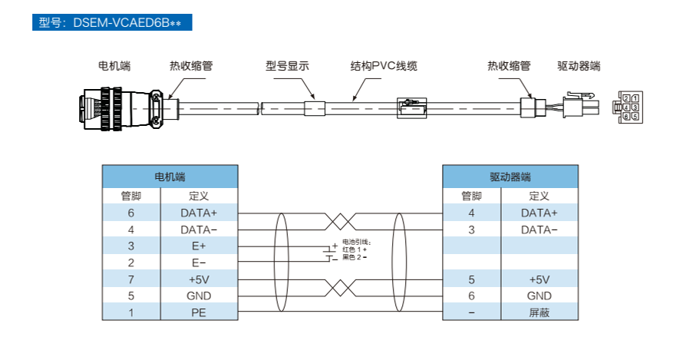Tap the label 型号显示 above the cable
(x=287, y=66)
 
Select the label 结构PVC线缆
(x=384, y=66)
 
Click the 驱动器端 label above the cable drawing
(x=579, y=66)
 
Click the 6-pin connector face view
(x=630, y=107)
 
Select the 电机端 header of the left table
(x=170, y=177)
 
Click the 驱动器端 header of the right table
(x=510, y=177)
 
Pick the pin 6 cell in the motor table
(x=131, y=213)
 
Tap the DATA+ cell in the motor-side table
(x=199, y=213)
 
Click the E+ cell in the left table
(x=199, y=246)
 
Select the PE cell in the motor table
(x=199, y=312)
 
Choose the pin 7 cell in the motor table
(x=131, y=279)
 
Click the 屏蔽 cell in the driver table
(x=539, y=312)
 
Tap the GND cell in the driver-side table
(x=539, y=296)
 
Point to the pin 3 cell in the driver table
(x=471, y=230)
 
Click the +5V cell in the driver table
(x=539, y=279)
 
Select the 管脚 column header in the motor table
(x=131, y=197)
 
